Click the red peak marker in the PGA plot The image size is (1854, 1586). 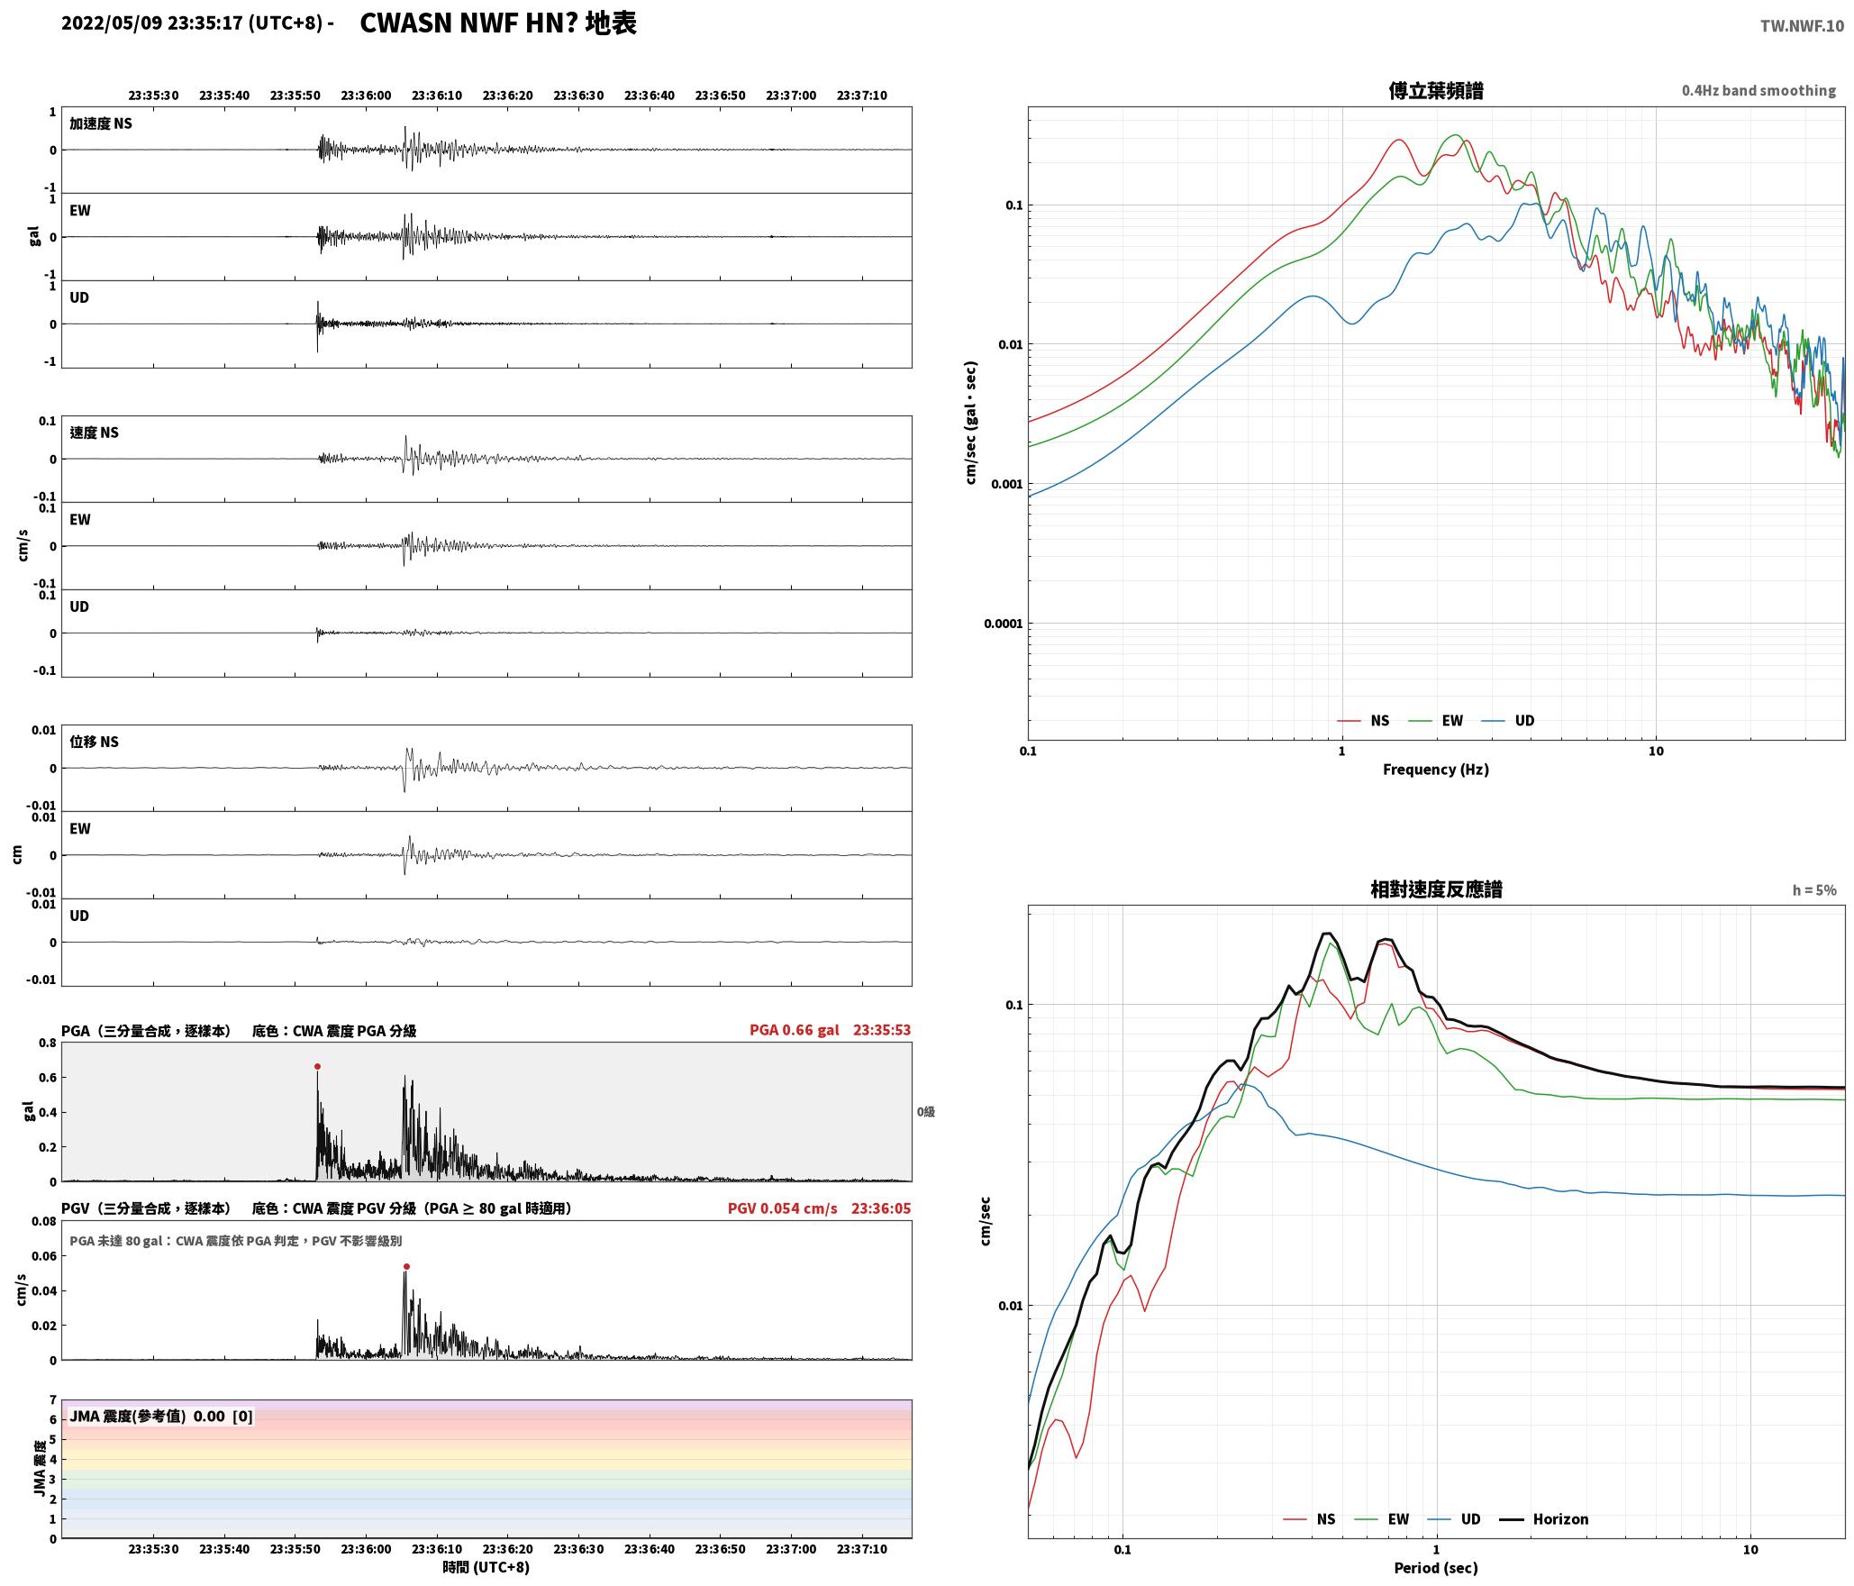317,1066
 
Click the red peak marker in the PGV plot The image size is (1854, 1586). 406,1266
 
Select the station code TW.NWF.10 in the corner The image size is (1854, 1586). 1802,26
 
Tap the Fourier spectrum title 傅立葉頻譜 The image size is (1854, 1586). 1436,90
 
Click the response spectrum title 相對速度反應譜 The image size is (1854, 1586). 1436,889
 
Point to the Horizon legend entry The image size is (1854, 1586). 1544,1518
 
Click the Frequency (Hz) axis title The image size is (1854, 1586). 1436,770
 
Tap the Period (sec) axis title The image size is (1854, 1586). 1436,1568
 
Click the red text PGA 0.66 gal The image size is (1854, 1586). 794,1030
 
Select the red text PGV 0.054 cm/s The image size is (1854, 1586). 782,1208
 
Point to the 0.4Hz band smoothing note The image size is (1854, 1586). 1759,90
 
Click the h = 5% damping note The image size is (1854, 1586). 1814,890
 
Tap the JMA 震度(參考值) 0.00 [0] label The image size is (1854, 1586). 161,1417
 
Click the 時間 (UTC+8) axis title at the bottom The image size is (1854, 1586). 486,1567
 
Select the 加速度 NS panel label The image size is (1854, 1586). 101,123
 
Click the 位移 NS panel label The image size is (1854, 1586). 94,742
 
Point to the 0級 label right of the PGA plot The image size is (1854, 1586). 926,1112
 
